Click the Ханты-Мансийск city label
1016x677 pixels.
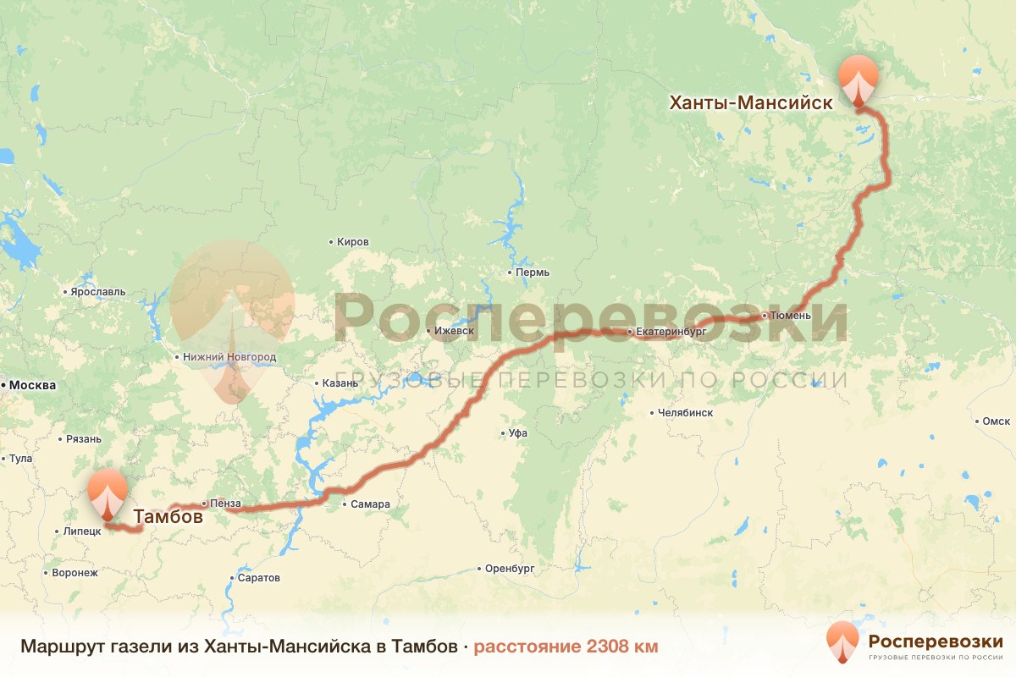point(750,102)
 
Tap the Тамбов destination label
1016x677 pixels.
point(168,516)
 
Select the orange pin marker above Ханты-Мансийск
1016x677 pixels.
point(859,80)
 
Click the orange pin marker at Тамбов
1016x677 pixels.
point(108,494)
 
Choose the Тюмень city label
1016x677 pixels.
point(791,316)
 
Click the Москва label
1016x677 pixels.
point(32,385)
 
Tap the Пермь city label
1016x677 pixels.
point(533,272)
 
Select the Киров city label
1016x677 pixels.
point(352,242)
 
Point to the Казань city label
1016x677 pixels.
point(340,383)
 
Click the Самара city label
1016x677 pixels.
point(371,504)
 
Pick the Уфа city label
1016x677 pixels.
point(517,432)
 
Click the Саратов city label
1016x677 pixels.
point(259,578)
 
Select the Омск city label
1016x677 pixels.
point(996,421)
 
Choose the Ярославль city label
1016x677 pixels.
point(98,292)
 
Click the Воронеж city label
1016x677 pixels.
point(75,572)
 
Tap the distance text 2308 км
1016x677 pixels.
point(565,647)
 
